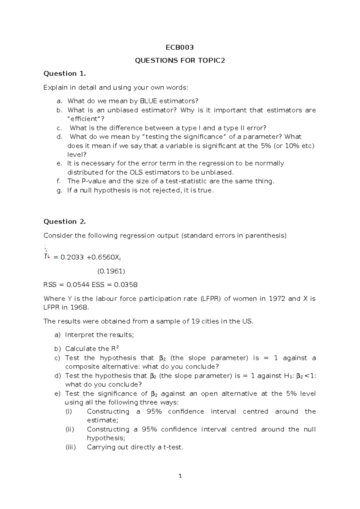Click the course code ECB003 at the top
pos(180,47)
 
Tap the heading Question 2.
pos(64,221)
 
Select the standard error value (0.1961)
pos(111,271)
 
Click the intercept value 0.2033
pos(72,257)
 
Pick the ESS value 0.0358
pos(126,285)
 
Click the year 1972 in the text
pos(277,299)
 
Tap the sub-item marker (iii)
pos(71,447)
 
